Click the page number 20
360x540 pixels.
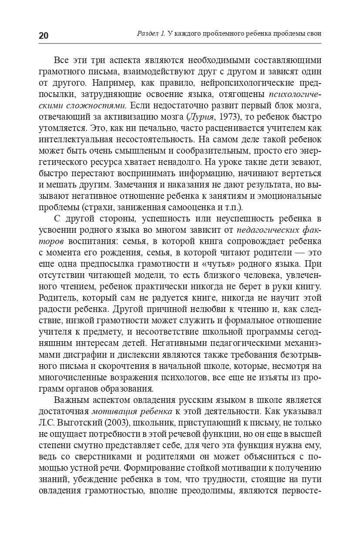pyautogui.click(x=44, y=36)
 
